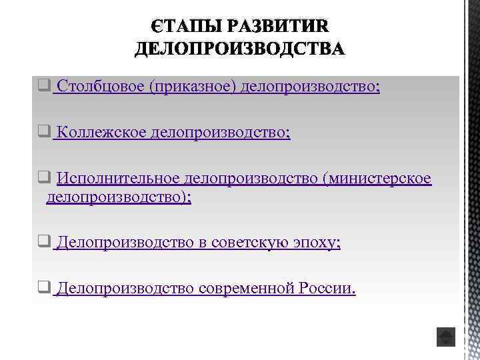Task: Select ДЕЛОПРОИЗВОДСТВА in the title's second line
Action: [240, 49]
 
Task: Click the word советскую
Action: [251, 243]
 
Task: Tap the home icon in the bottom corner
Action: [445, 337]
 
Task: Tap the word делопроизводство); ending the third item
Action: [119, 198]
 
